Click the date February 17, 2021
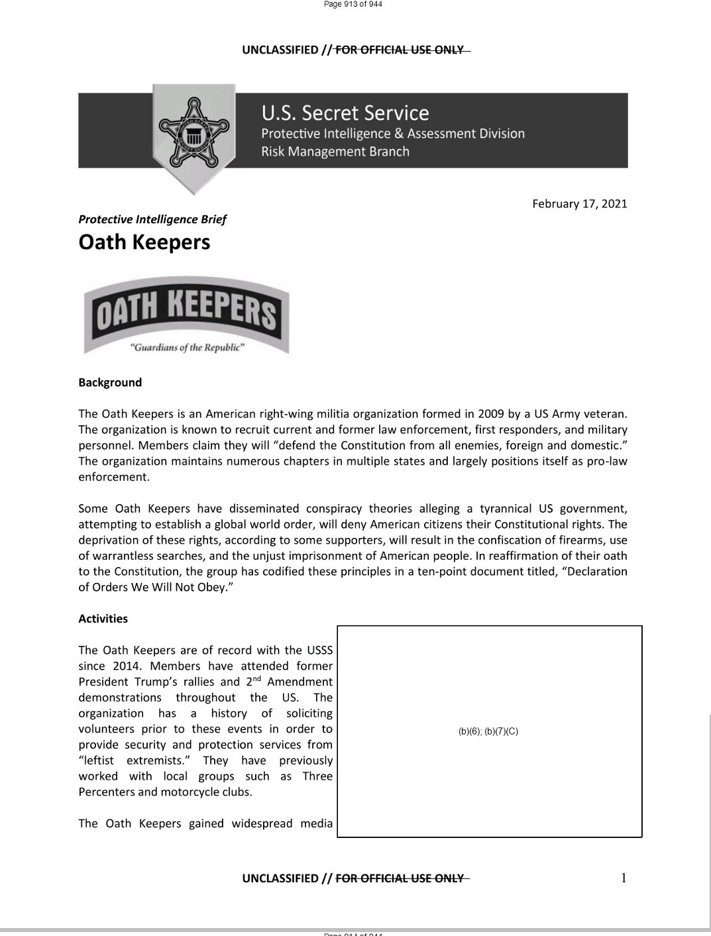[x=579, y=203]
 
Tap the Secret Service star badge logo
[x=193, y=132]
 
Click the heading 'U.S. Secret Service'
[x=345, y=113]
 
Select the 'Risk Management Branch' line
[x=335, y=152]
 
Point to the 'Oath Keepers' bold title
[x=144, y=242]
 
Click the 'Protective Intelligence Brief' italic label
[x=152, y=219]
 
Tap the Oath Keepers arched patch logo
[x=186, y=315]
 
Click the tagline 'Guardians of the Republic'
[x=187, y=348]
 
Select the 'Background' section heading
[x=110, y=382]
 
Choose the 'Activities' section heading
[x=103, y=619]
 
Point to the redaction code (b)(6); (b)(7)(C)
[x=488, y=731]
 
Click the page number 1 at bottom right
[x=623, y=878]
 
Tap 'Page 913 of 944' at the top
[x=353, y=4]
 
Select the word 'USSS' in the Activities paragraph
[x=319, y=650]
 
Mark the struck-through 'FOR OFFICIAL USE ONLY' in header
[x=400, y=50]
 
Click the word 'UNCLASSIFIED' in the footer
[x=280, y=878]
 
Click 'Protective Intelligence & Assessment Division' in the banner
[x=393, y=134]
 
